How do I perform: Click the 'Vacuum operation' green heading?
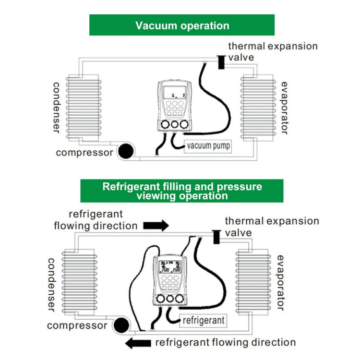coord(182,25)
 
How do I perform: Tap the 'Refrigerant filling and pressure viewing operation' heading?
coord(182,191)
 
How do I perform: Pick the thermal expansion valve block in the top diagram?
coord(221,62)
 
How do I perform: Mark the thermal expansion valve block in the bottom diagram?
coord(216,237)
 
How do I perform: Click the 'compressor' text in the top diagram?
coord(84,153)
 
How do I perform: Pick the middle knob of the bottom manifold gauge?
coord(170,300)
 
